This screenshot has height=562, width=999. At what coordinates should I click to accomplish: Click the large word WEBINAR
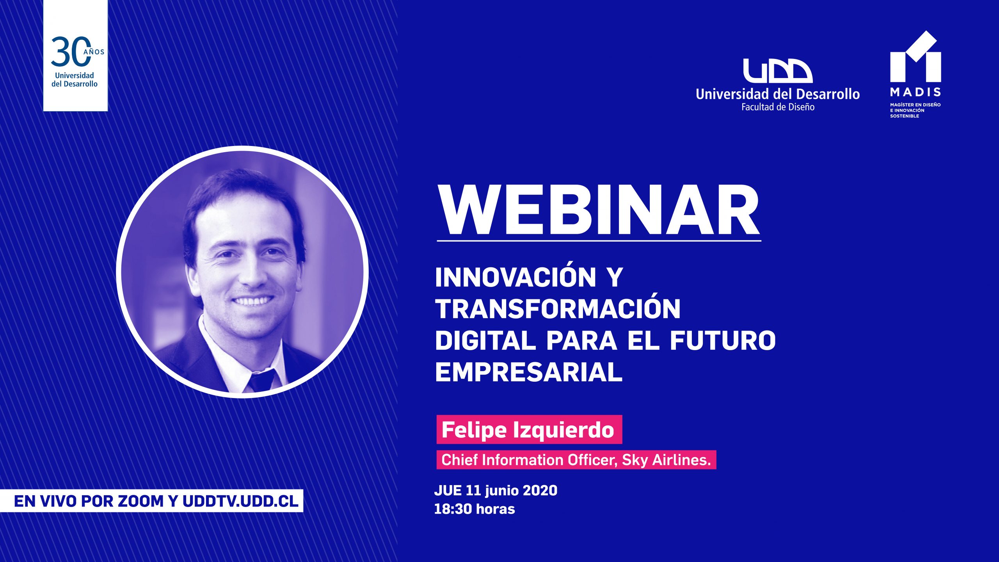click(x=599, y=211)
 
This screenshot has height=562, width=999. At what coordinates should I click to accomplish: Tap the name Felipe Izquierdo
click(x=528, y=430)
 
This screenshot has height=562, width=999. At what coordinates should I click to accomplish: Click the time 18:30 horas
click(x=475, y=509)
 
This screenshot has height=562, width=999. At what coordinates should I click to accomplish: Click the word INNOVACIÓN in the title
click(x=515, y=277)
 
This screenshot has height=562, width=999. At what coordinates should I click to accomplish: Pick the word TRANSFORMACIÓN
click(x=558, y=309)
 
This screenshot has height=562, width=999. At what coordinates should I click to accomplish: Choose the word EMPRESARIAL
click(x=529, y=372)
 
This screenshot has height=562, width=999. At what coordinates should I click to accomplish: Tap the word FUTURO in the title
click(x=723, y=340)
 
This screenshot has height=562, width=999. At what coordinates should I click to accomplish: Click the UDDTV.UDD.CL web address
click(x=240, y=501)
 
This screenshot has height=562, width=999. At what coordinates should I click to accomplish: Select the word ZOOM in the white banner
click(x=141, y=501)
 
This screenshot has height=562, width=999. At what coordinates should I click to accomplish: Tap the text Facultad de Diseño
click(x=778, y=107)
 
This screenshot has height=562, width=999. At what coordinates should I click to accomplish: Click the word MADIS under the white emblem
click(x=915, y=92)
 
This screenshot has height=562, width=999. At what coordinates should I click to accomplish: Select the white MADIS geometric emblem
click(x=915, y=57)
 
